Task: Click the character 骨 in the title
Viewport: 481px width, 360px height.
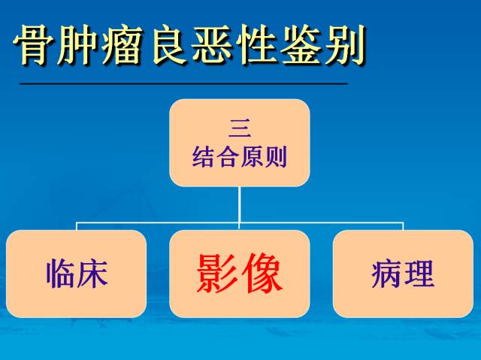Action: point(36,47)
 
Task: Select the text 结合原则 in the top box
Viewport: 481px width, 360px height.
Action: point(239,157)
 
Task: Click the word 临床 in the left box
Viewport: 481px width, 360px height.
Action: point(77,274)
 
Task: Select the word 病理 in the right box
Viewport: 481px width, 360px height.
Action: point(403,274)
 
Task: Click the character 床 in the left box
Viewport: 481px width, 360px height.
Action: point(92,274)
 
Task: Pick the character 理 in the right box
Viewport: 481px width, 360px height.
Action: point(419,274)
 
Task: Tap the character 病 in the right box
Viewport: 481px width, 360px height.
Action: point(387,274)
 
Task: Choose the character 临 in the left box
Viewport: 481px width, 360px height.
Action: point(61,274)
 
